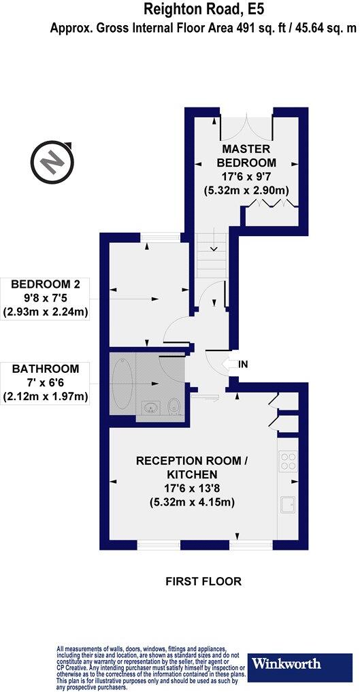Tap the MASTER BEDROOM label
pos(246,156)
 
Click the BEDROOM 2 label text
pos(45,283)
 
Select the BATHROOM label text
pos(45,369)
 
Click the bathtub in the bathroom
pos(122,384)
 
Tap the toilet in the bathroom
pos(174,406)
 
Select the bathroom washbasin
pos(150,408)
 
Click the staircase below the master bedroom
pos(213,255)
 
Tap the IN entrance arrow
pos(238,365)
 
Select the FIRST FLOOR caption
pos(204,582)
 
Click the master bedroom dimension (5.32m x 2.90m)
pos(246,192)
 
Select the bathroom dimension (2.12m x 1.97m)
pos(45,396)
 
